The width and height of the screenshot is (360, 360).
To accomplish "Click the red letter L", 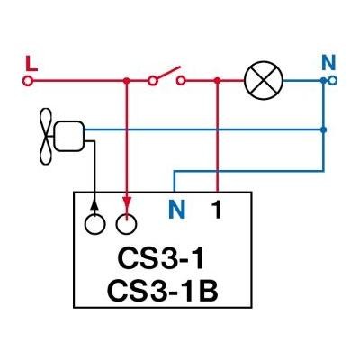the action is [x=31, y=64].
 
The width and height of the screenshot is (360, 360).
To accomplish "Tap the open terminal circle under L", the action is [x=27, y=81].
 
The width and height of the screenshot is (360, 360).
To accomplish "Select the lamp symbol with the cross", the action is [x=264, y=81].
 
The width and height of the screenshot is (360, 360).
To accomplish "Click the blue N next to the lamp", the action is [x=328, y=63].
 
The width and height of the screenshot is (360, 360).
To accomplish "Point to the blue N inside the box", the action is [x=176, y=210].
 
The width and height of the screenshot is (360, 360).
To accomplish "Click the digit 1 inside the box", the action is [x=217, y=210].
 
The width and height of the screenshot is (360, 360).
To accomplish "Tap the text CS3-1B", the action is [x=162, y=291].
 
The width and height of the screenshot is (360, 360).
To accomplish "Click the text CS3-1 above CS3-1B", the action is [x=161, y=258].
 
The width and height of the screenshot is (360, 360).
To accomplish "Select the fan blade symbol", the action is [x=46, y=137].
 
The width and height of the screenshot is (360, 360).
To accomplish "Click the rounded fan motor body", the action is [x=68, y=136].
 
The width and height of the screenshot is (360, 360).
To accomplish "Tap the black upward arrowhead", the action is [x=94, y=205].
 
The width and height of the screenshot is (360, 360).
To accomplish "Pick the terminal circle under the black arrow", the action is [x=94, y=224].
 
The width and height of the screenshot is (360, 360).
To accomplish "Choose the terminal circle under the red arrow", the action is [x=127, y=224].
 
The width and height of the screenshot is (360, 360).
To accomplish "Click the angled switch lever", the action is [x=168, y=72].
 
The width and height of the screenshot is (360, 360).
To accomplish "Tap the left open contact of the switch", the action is [x=152, y=81].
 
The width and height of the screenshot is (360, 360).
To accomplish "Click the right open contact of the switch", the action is [x=181, y=81].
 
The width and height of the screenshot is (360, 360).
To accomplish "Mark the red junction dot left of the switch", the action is [x=127, y=81].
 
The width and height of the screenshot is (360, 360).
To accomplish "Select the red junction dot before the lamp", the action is [x=218, y=81].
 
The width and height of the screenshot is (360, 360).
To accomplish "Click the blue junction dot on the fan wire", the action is [x=323, y=130].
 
